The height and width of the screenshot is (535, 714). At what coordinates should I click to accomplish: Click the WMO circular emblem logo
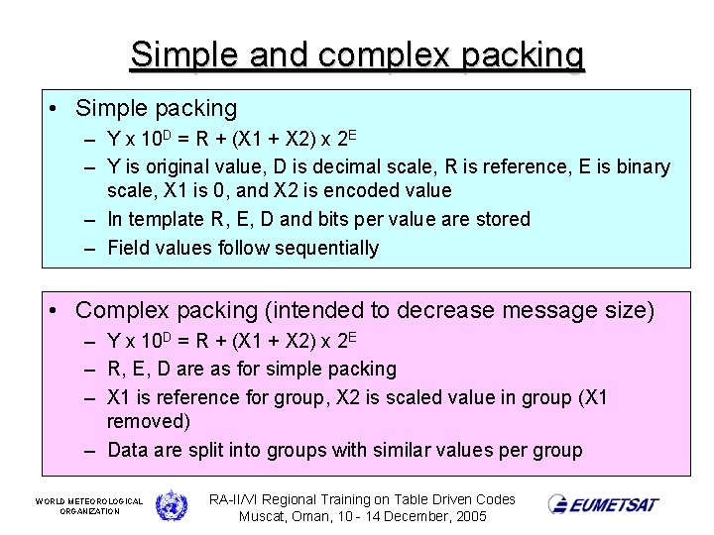coord(171,504)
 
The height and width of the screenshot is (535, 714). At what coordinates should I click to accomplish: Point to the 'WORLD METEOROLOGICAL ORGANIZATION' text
coord(89,505)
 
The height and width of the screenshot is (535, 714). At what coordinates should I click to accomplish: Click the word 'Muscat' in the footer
coord(263,517)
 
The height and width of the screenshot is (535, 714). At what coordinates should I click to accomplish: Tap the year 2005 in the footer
coord(468,517)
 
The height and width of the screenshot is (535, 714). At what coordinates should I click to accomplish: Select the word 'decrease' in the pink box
coord(443,311)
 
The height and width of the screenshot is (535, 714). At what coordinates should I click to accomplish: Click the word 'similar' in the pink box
coord(407,450)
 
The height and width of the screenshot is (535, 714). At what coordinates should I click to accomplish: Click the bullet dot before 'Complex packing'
coord(56,311)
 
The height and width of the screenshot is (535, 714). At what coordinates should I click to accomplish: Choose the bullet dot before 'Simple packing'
coord(56,109)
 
